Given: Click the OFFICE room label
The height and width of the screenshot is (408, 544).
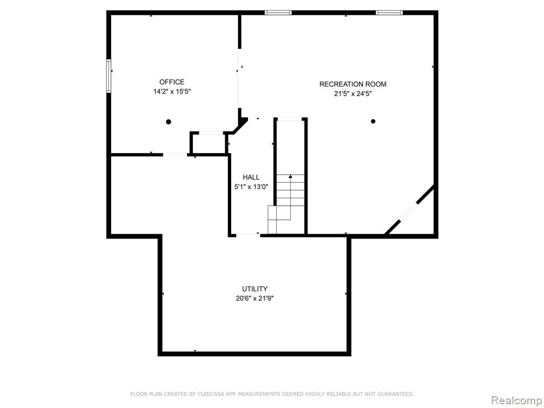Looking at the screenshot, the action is pyautogui.click(x=172, y=82).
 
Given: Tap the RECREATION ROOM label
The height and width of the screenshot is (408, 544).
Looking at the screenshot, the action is pyautogui.click(x=353, y=84).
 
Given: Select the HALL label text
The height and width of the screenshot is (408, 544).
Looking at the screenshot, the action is pyautogui.click(x=251, y=177).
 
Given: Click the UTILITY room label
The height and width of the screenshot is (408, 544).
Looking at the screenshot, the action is pyautogui.click(x=254, y=288).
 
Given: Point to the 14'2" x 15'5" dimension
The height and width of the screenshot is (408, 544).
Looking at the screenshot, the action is pyautogui.click(x=172, y=92).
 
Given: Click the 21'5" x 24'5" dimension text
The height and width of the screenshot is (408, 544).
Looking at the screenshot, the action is pyautogui.click(x=353, y=93).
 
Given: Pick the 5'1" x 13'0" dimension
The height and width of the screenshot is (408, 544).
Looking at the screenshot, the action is pyautogui.click(x=251, y=187).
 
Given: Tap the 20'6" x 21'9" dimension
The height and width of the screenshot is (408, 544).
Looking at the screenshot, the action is pyautogui.click(x=254, y=299).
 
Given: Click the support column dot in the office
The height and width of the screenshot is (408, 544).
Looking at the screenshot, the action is pyautogui.click(x=168, y=122).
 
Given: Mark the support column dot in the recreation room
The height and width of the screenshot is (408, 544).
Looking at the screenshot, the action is pyautogui.click(x=373, y=122).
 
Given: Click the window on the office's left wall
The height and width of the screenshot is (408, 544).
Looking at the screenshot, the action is pyautogui.click(x=108, y=76).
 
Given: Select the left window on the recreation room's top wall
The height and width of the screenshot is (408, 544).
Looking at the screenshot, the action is pyautogui.click(x=278, y=13).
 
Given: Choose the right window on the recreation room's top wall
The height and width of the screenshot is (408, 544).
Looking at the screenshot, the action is pyautogui.click(x=389, y=13).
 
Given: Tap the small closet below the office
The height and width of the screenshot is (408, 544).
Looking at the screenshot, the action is pyautogui.click(x=209, y=143).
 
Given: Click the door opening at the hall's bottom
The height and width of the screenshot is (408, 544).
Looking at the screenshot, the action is pyautogui.click(x=248, y=235).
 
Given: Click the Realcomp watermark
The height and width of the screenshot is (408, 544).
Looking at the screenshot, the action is pyautogui.click(x=516, y=400).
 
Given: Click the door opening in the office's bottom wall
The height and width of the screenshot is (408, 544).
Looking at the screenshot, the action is pyautogui.click(x=175, y=155).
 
